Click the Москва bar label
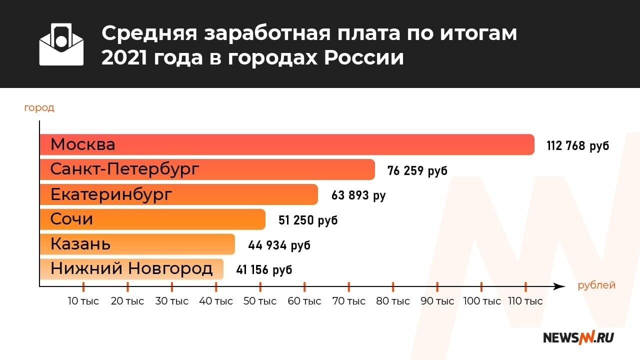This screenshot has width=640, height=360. click(x=83, y=144)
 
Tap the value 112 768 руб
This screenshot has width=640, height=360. click(x=578, y=146)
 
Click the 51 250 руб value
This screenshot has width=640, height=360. click(x=308, y=220)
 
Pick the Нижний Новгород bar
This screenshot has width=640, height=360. click(x=131, y=269)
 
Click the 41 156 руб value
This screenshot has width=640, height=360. click(x=264, y=270)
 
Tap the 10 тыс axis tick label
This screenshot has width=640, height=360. click(x=83, y=301)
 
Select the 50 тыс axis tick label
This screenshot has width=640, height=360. click(x=260, y=301)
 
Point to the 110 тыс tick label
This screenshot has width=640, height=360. click(x=525, y=301)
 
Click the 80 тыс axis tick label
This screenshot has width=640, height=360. click(x=393, y=301)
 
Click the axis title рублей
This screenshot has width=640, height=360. click(x=596, y=285)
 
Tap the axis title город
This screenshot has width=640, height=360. click(x=39, y=107)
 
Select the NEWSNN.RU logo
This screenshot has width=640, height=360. click(x=578, y=337)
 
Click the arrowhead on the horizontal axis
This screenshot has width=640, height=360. click(x=560, y=286)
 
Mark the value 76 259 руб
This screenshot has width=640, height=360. click(x=417, y=170)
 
